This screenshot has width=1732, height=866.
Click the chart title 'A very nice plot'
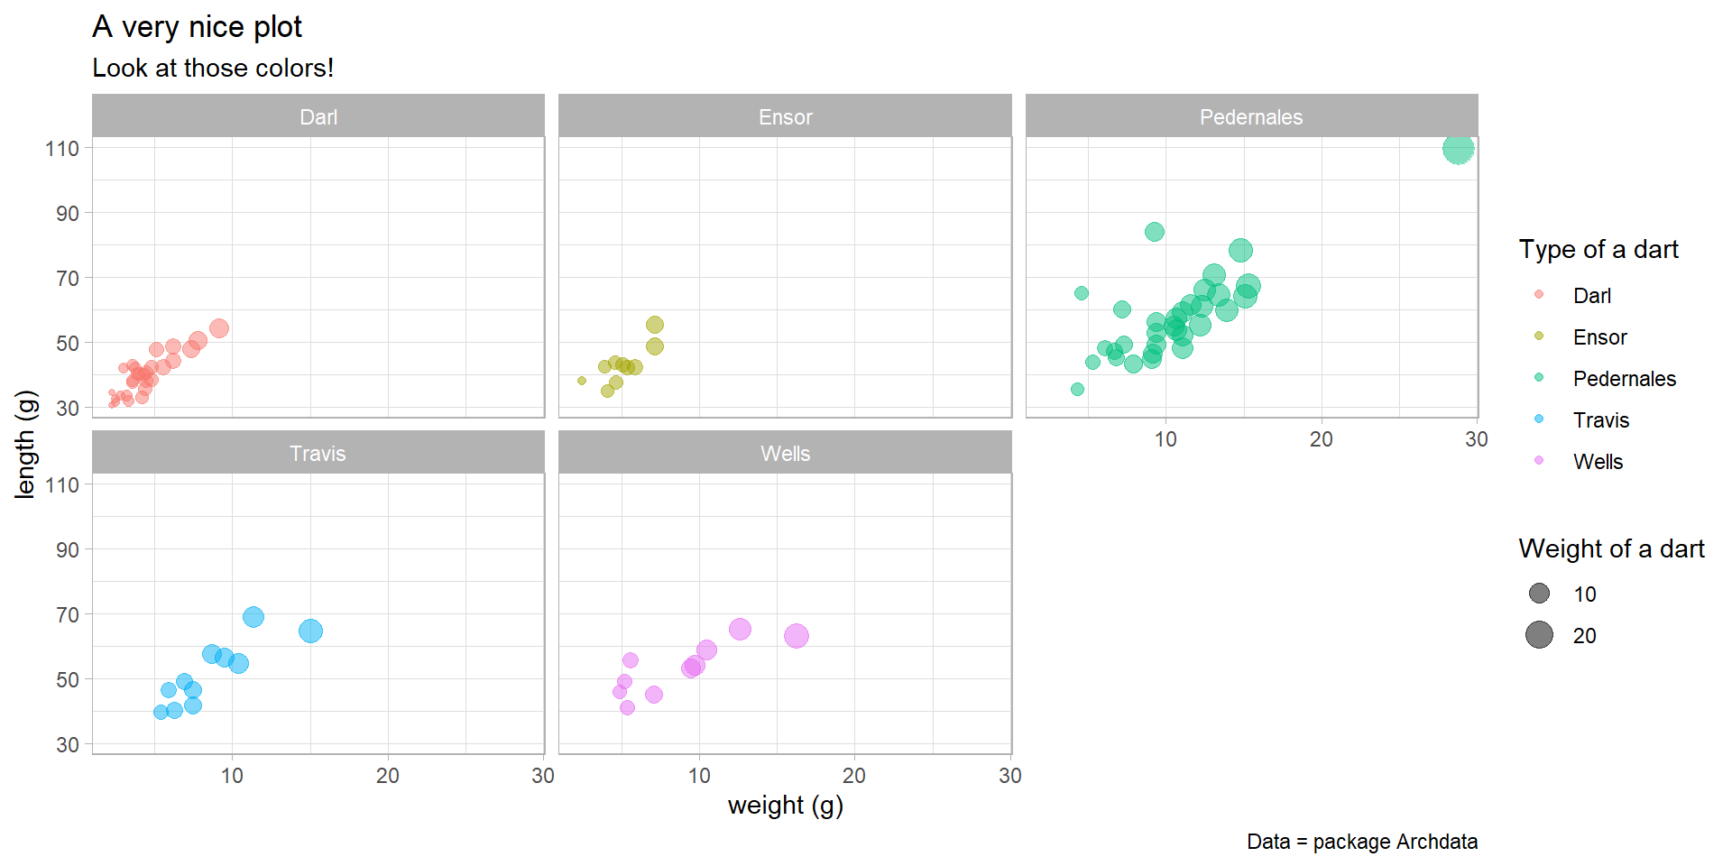point(197,27)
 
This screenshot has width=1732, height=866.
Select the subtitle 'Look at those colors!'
point(213,69)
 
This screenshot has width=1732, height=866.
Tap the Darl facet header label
point(318,117)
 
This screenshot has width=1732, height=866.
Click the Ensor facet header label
point(785,117)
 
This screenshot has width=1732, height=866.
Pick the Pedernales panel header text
point(1251,117)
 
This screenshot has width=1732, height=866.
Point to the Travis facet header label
point(318,454)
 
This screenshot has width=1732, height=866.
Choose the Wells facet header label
point(785,454)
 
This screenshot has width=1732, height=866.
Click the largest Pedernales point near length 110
point(1458,149)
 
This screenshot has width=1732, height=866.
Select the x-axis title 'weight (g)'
point(785,805)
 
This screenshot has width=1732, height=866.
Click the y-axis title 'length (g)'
point(25,444)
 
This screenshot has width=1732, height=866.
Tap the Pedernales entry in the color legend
point(1624,379)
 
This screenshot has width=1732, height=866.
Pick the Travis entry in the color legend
point(1600,420)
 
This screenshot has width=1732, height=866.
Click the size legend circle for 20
point(1539,635)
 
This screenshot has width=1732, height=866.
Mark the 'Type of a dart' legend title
point(1598,250)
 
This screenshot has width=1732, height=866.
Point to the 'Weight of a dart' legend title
point(1611,549)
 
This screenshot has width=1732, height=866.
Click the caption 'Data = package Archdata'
point(1362,842)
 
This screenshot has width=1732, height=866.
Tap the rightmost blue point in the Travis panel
point(310,631)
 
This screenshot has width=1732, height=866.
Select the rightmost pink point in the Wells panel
point(796,636)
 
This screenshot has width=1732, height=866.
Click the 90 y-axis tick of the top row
point(68,214)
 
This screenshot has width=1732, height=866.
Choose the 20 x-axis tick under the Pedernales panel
point(1321,439)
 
